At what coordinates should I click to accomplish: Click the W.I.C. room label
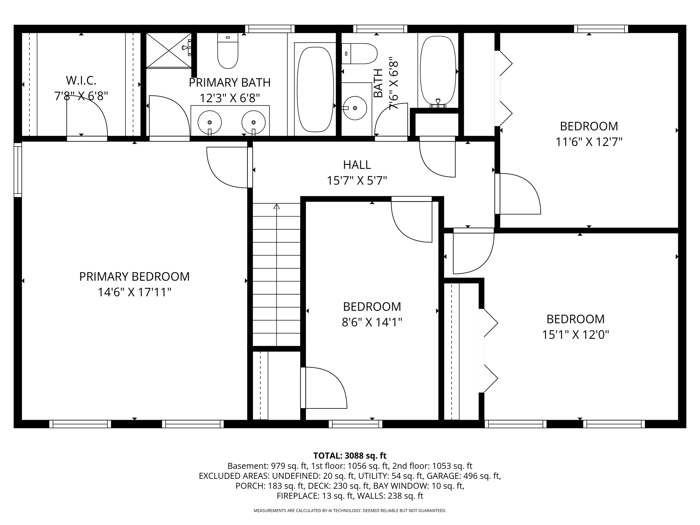[81, 81]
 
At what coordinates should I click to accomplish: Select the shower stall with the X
[169, 50]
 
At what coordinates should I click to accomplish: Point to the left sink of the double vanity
[210, 122]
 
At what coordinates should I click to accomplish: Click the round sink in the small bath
[355, 108]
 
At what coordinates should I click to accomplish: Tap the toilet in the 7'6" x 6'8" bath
[359, 54]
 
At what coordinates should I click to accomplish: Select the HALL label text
[357, 165]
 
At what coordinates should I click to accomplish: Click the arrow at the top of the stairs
[277, 206]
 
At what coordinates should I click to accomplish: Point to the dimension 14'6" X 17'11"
[134, 292]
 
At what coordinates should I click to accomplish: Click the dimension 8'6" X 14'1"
[372, 322]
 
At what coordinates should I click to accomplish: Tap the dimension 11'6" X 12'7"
[589, 142]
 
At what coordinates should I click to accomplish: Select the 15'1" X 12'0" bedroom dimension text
[575, 334]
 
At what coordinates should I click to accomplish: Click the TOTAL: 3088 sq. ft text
[350, 456]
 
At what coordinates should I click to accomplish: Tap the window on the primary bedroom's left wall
[18, 170]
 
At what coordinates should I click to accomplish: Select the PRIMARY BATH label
[230, 82]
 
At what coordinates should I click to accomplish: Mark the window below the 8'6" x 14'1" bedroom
[355, 424]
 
